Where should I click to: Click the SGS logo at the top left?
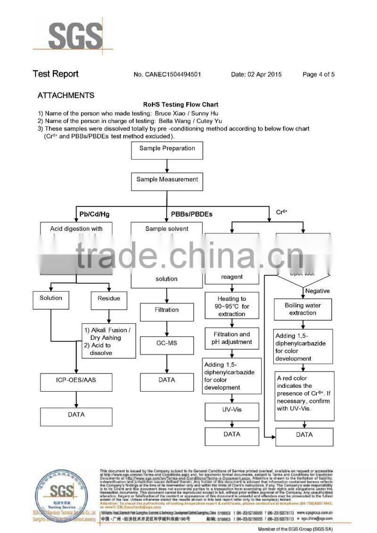point(74,36)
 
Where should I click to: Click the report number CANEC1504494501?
point(168,74)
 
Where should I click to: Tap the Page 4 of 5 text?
point(319,74)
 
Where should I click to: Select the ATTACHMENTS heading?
point(66,95)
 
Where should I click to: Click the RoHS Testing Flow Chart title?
point(181,105)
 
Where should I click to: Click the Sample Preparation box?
point(167,149)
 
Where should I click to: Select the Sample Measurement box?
point(167,180)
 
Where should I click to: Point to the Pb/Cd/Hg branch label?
point(94,214)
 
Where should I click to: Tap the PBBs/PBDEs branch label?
point(191,214)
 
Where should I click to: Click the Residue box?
point(109,298)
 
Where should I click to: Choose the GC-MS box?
point(167,343)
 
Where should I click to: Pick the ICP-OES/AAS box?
point(76,380)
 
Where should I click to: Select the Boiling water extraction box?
point(303,309)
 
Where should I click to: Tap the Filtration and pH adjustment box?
point(231,338)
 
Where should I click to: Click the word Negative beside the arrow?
point(317,291)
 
